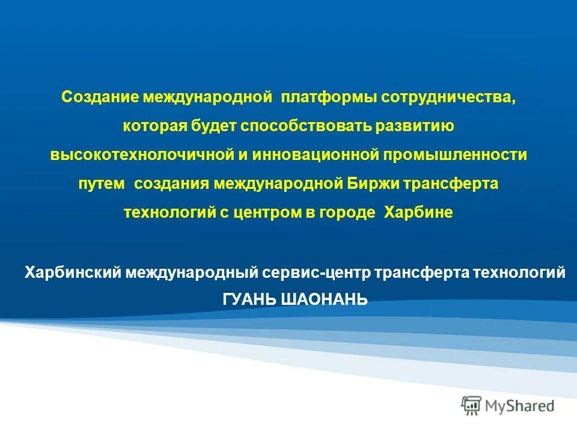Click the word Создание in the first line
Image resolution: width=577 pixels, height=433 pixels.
click(x=100, y=97)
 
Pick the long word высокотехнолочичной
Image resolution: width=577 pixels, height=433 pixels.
click(x=142, y=155)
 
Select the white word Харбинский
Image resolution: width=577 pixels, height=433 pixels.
click(x=72, y=272)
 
